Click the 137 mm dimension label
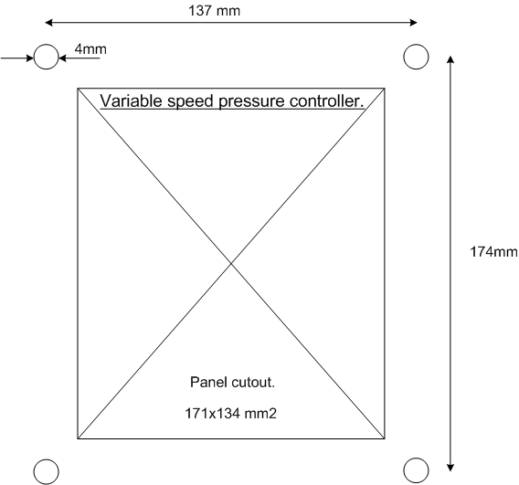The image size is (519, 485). [x=214, y=11]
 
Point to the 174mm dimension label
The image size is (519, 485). [x=493, y=252]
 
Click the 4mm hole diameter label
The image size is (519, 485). [x=90, y=49]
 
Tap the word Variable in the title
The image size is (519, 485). [x=131, y=100]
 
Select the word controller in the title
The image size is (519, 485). [x=324, y=100]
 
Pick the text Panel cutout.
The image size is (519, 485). [x=233, y=383]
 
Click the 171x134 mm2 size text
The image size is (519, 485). [x=230, y=414]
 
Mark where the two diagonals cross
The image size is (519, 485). [x=231, y=263]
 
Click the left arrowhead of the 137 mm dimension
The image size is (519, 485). [x=48, y=23]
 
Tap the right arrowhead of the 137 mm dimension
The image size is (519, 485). [x=413, y=23]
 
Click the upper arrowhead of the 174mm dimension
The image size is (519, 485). [x=450, y=59]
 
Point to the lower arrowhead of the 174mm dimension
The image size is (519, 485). [x=450, y=468]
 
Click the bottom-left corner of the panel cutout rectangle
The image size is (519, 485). [x=78, y=438]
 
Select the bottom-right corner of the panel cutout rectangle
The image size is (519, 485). [x=385, y=438]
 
